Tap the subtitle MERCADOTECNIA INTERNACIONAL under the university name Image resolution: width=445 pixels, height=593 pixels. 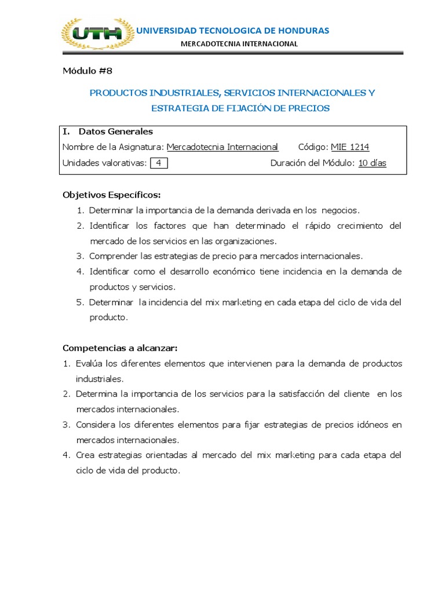[x=239, y=43]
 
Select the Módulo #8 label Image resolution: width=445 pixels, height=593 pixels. [x=87, y=71]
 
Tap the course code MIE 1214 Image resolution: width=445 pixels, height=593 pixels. [x=350, y=147]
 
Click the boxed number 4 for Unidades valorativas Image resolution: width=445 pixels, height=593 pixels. [x=158, y=163]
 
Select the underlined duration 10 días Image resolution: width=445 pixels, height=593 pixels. [x=372, y=163]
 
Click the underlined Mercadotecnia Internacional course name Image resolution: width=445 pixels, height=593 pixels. [x=222, y=147]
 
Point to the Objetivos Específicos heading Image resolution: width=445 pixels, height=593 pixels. [x=112, y=194]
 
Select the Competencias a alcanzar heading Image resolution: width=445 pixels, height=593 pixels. [x=120, y=348]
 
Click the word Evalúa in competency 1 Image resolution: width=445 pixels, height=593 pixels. [x=89, y=363]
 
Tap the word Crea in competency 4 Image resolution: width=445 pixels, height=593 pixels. [x=85, y=455]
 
